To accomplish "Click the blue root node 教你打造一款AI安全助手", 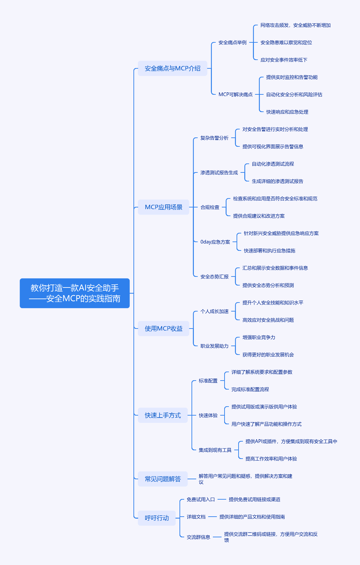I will pyautogui.click(x=74, y=293).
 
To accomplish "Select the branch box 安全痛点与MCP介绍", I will pyautogui.click(x=172, y=68).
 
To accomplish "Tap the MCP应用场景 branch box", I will pyautogui.click(x=163, y=207).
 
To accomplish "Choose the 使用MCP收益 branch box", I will pyautogui.click(x=163, y=329).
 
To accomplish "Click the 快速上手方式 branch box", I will pyautogui.click(x=162, y=415).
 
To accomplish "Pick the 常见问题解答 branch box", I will pyautogui.click(x=162, y=479).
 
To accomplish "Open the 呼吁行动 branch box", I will pyautogui.click(x=156, y=518).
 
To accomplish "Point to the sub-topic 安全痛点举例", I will pyautogui.click(x=232, y=42).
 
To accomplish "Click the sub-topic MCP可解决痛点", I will pyautogui.click(x=235, y=94).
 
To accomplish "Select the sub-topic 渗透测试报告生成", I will pyautogui.click(x=219, y=172).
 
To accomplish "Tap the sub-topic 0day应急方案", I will pyautogui.click(x=215, y=242).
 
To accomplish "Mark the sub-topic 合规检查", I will pyautogui.click(x=210, y=207).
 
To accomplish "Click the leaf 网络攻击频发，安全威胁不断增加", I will pyautogui.click(x=295, y=25).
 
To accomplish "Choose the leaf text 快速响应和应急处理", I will pyautogui.click(x=287, y=112).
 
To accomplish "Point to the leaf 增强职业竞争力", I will pyautogui.click(x=259, y=337).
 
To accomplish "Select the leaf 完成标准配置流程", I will pyautogui.click(x=250, y=389).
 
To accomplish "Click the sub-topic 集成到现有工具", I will pyautogui.click(x=215, y=450).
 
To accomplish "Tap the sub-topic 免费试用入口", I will pyautogui.click(x=201, y=499).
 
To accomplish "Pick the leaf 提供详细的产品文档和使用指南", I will pyautogui.click(x=252, y=517).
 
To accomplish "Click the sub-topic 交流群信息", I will pyautogui.click(x=198, y=537).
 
